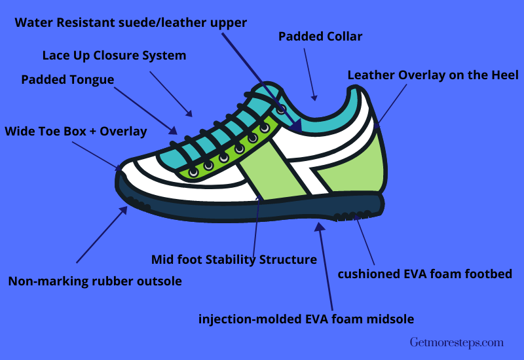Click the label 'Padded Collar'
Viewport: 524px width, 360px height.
click(x=320, y=37)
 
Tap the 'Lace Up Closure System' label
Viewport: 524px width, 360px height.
click(x=114, y=56)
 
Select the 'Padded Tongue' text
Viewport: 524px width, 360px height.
click(x=67, y=80)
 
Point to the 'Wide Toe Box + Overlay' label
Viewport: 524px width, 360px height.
click(x=76, y=132)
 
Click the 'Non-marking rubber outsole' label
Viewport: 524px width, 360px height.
click(x=95, y=281)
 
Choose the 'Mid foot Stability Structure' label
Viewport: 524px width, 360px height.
click(x=234, y=259)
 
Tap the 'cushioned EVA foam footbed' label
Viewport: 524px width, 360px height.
click(x=424, y=274)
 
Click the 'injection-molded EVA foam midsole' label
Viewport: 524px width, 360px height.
click(x=306, y=319)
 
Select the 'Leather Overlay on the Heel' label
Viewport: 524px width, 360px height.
click(x=433, y=75)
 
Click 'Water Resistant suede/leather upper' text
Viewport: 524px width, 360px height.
click(x=130, y=23)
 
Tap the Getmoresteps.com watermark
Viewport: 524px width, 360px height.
click(x=457, y=342)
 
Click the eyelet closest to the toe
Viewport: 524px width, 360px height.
click(x=193, y=172)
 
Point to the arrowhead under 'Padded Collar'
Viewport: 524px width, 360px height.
click(x=314, y=98)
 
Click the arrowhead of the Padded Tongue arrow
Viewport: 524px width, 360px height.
click(x=173, y=130)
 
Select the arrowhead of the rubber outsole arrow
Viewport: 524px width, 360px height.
click(x=124, y=210)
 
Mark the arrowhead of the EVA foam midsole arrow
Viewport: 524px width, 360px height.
click(x=320, y=226)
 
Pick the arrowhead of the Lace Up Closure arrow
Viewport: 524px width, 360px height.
click(x=189, y=113)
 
